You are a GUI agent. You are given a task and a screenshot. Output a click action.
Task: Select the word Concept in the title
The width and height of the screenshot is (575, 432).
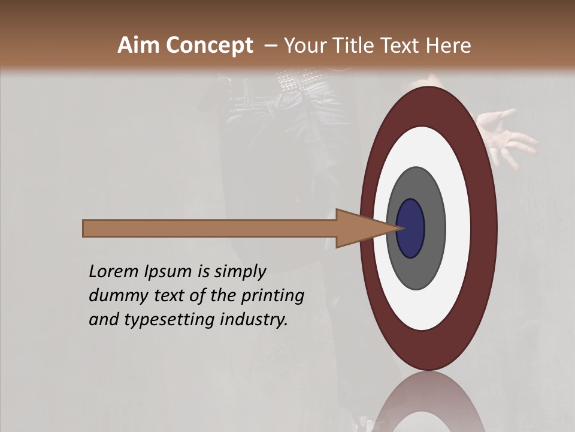pyautogui.click(x=209, y=46)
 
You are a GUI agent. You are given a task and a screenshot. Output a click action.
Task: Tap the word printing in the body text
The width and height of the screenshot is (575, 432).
pyautogui.click(x=273, y=296)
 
